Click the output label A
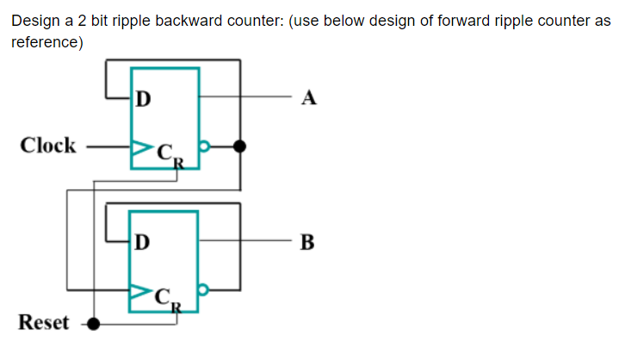click(x=310, y=98)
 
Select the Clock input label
click(x=48, y=146)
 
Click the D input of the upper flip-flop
click(x=143, y=98)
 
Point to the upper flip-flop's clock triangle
click(x=136, y=146)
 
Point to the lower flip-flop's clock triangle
click(x=136, y=293)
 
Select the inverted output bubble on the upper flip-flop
click(x=203, y=146)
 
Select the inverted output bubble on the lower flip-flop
click(x=203, y=293)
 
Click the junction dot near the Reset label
click(x=94, y=324)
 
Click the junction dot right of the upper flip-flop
click(x=241, y=146)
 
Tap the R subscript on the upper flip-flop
click(x=175, y=158)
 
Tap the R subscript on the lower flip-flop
click(x=175, y=304)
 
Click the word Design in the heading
click(x=32, y=22)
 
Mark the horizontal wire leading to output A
click(x=258, y=98)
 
